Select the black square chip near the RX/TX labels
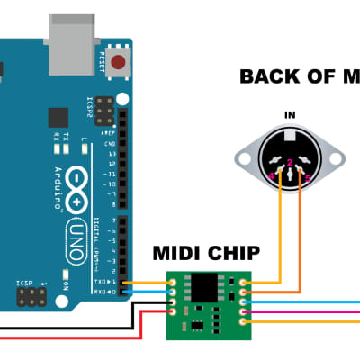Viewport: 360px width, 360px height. pyautogui.click(x=58, y=116)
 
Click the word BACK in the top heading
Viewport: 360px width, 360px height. pyautogui.click(x=268, y=76)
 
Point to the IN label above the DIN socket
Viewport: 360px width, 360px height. pyautogui.click(x=290, y=115)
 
